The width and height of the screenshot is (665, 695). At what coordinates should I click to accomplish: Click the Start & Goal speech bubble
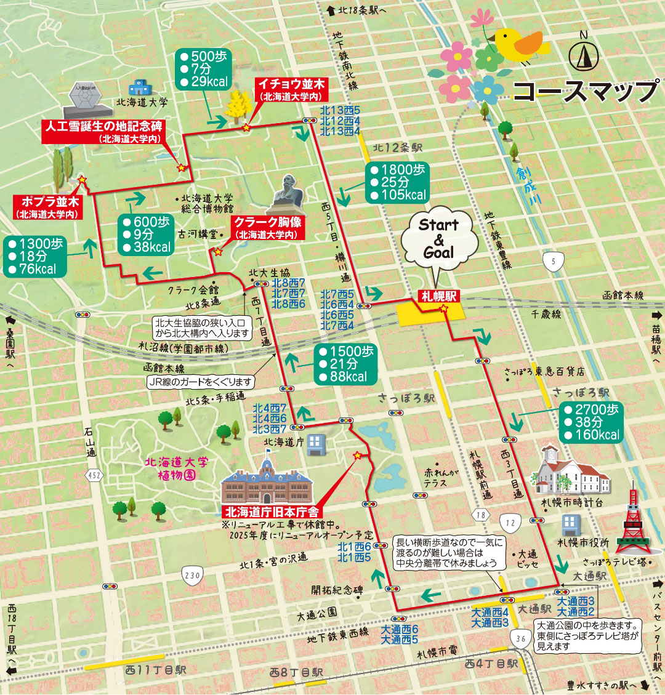pyautogui.click(x=438, y=239)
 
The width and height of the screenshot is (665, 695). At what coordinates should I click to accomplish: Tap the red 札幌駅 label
pyautogui.click(x=439, y=296)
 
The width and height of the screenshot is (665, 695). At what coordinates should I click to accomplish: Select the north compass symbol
pyautogui.click(x=584, y=56)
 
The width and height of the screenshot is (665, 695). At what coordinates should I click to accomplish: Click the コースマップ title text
pyautogui.click(x=585, y=91)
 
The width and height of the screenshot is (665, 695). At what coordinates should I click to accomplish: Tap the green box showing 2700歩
pyautogui.click(x=591, y=422)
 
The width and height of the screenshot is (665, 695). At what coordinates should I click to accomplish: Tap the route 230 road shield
pyautogui.click(x=192, y=576)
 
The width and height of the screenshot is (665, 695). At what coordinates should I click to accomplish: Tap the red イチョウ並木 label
pyautogui.click(x=291, y=89)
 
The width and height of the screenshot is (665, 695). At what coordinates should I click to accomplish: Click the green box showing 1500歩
pyautogui.click(x=345, y=364)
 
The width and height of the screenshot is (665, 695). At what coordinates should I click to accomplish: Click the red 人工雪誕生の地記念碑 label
pyautogui.click(x=103, y=131)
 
